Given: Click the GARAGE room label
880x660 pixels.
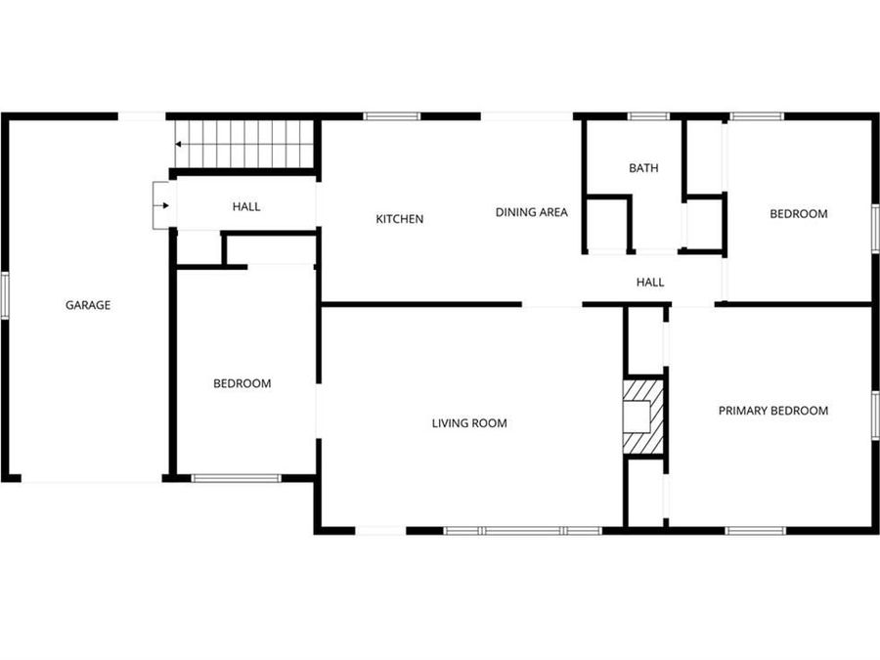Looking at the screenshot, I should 88,305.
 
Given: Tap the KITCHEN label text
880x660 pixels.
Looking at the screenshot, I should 400,219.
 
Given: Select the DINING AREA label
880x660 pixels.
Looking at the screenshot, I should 531,212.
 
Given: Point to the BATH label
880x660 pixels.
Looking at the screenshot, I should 643,168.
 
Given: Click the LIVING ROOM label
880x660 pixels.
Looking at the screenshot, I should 469,423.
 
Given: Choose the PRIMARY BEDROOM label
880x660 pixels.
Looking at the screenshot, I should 773,411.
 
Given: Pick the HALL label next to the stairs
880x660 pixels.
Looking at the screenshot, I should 246,207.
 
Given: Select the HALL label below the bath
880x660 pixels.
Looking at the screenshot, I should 650,283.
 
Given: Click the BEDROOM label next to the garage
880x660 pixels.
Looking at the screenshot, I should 242,383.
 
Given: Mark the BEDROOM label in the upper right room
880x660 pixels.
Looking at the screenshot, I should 799,214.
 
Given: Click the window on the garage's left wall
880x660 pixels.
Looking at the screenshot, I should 5,295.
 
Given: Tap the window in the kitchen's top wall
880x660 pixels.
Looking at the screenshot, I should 392,116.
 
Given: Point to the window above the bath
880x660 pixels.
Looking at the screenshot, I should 647,116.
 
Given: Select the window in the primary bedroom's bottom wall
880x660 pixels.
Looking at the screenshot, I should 755,531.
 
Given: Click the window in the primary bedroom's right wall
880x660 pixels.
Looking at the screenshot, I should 875,415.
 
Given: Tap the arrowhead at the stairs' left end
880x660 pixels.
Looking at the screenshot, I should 180,144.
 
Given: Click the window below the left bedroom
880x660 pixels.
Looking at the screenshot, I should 236,478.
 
